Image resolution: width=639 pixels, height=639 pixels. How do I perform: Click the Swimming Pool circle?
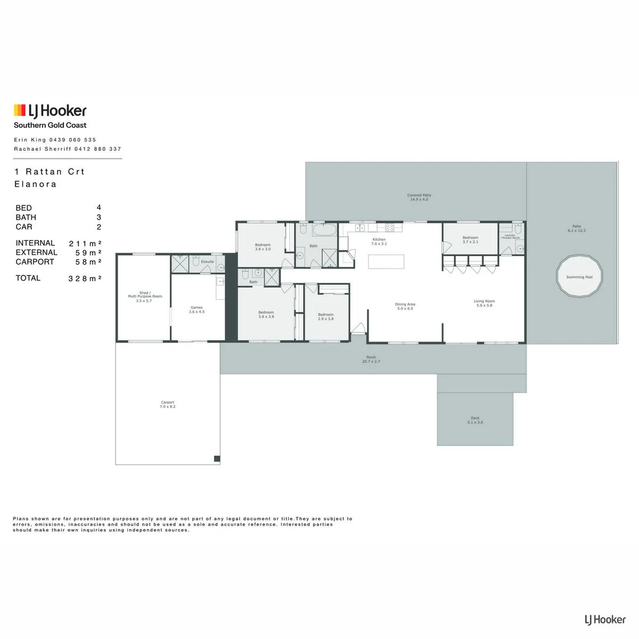click(x=579, y=276)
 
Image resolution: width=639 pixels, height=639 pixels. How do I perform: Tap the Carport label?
click(x=167, y=405)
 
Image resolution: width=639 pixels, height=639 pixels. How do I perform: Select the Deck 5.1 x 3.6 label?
click(x=476, y=420)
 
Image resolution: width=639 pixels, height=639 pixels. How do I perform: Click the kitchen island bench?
click(x=386, y=262)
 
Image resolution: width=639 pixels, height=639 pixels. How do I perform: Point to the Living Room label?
click(x=484, y=304)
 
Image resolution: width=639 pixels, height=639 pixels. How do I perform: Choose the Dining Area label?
click(x=405, y=306)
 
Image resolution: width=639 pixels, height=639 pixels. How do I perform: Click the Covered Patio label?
click(x=419, y=197)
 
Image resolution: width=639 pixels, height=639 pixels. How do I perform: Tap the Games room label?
click(x=197, y=309)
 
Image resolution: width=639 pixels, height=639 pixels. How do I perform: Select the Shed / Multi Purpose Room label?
click(x=140, y=296)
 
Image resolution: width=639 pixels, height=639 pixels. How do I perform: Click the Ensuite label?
click(x=208, y=261)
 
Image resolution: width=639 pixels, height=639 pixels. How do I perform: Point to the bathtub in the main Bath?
click(x=324, y=230)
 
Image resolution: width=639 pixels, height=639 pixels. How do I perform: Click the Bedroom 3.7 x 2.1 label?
click(x=470, y=239)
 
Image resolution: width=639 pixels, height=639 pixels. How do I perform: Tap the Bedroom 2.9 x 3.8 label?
click(x=326, y=317)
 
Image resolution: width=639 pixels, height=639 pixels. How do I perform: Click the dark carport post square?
click(x=217, y=459)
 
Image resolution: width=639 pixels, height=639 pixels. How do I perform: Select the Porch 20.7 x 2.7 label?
click(x=372, y=359)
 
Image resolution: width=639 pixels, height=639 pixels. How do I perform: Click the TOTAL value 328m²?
click(x=85, y=278)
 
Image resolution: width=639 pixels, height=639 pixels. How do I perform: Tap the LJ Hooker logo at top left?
click(x=50, y=111)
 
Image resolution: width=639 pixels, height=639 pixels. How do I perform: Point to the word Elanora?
click(x=35, y=184)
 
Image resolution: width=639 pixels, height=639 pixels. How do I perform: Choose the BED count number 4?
click(x=99, y=208)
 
